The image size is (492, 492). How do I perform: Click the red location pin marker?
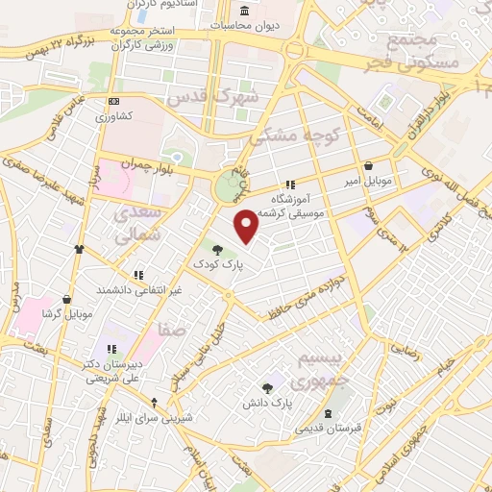coord(248,225)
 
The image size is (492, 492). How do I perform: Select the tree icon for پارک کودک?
coord(218,249)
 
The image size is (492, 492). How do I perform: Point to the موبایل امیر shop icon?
coord(370,164)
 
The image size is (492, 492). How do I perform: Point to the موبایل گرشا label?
coord(65,314)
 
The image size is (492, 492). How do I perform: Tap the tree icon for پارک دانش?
coord(267,387)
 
